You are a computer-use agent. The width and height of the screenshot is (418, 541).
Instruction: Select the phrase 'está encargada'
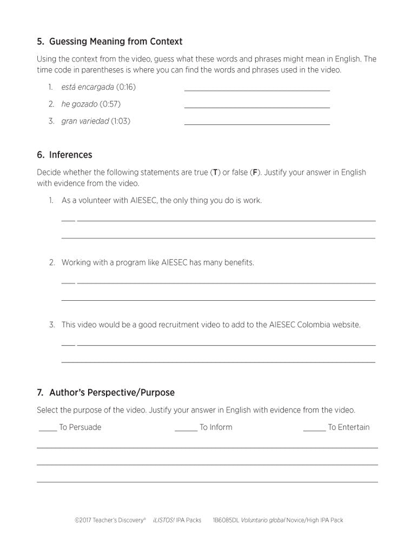pos(88,87)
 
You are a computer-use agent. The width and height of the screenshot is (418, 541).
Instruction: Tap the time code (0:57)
pos(110,104)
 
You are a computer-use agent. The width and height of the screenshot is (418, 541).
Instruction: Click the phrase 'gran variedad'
pos(85,121)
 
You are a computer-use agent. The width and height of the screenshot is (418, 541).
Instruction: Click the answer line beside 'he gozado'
pos(257,107)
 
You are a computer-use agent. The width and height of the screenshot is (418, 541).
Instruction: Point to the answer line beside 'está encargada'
pos(257,90)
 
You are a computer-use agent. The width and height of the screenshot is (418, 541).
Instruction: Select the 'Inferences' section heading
pos(70,155)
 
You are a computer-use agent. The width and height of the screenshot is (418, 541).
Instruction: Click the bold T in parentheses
pos(215,173)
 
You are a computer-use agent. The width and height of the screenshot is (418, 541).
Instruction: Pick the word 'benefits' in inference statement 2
pos(238,263)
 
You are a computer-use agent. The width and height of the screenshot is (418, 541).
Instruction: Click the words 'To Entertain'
pos(349,427)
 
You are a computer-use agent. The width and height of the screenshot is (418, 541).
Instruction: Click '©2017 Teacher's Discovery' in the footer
pos(110,520)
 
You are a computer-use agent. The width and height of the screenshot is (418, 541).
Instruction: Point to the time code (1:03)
pos(121,121)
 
